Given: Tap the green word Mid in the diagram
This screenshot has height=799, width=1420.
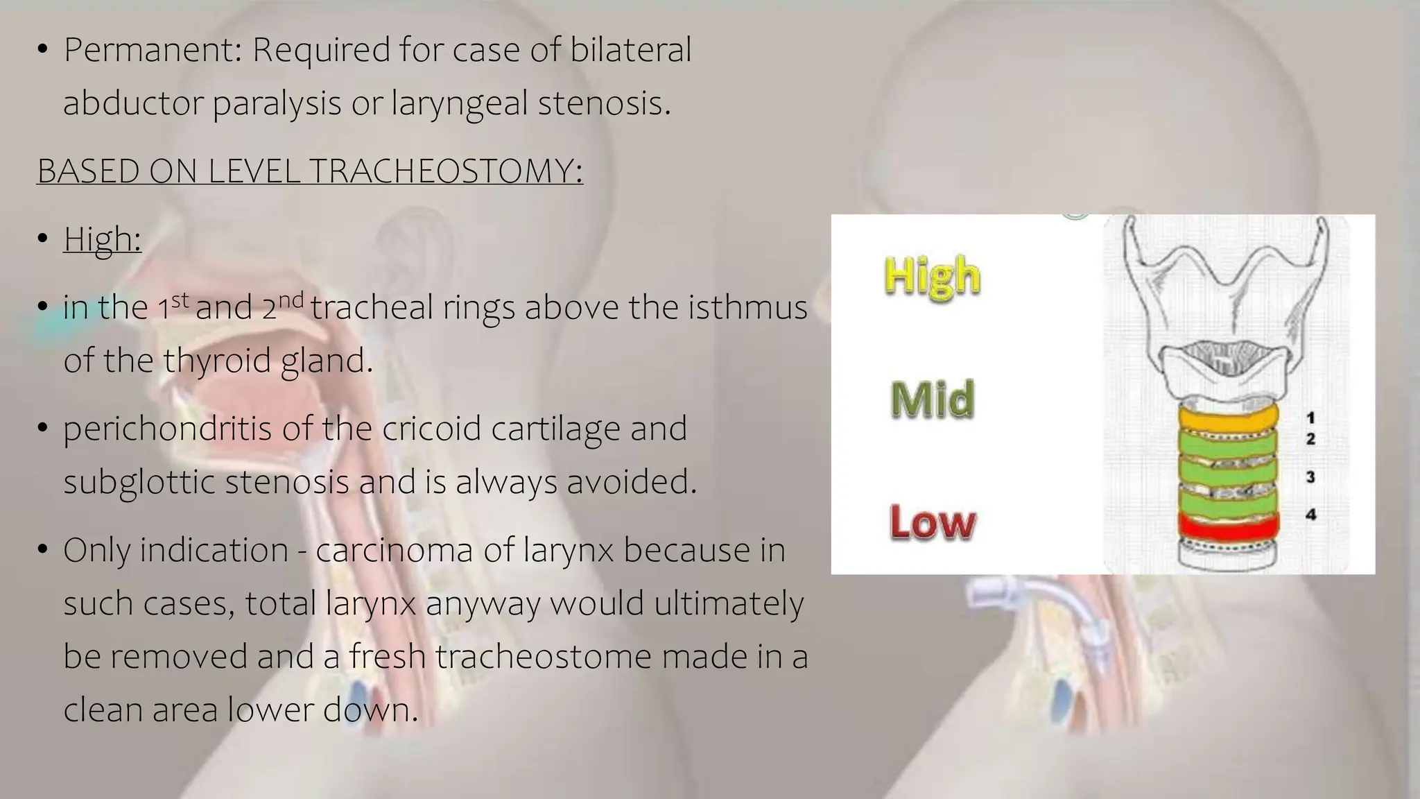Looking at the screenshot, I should click(x=932, y=400).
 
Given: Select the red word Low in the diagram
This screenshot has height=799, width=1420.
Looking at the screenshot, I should click(x=932, y=522).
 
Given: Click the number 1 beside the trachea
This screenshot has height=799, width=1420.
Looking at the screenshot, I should click(x=1310, y=418).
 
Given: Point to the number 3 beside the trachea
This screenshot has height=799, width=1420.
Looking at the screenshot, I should click(x=1310, y=477).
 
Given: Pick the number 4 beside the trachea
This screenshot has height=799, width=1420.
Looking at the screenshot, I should click(x=1310, y=515).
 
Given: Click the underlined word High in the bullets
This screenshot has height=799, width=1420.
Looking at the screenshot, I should click(x=102, y=239).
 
